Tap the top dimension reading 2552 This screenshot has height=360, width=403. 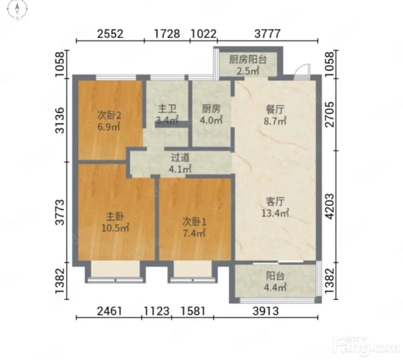[110, 34]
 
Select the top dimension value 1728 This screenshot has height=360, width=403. [167, 34]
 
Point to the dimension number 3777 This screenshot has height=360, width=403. [267, 34]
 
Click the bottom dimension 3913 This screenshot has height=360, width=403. [266, 311]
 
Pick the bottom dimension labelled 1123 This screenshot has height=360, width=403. [156, 311]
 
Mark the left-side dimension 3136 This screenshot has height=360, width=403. [60, 120]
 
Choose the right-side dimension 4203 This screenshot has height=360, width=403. [330, 207]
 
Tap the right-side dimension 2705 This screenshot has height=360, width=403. [330, 114]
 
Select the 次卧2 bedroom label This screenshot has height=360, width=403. [109, 115]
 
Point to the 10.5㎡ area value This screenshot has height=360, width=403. [115, 228]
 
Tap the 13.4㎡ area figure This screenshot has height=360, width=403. [275, 213]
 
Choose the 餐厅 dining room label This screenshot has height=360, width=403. [275, 109]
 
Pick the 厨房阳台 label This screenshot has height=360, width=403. [248, 60]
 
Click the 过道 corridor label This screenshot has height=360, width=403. [180, 157]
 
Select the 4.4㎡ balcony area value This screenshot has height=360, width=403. [275, 287]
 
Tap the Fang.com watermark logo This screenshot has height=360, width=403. [366, 345]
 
